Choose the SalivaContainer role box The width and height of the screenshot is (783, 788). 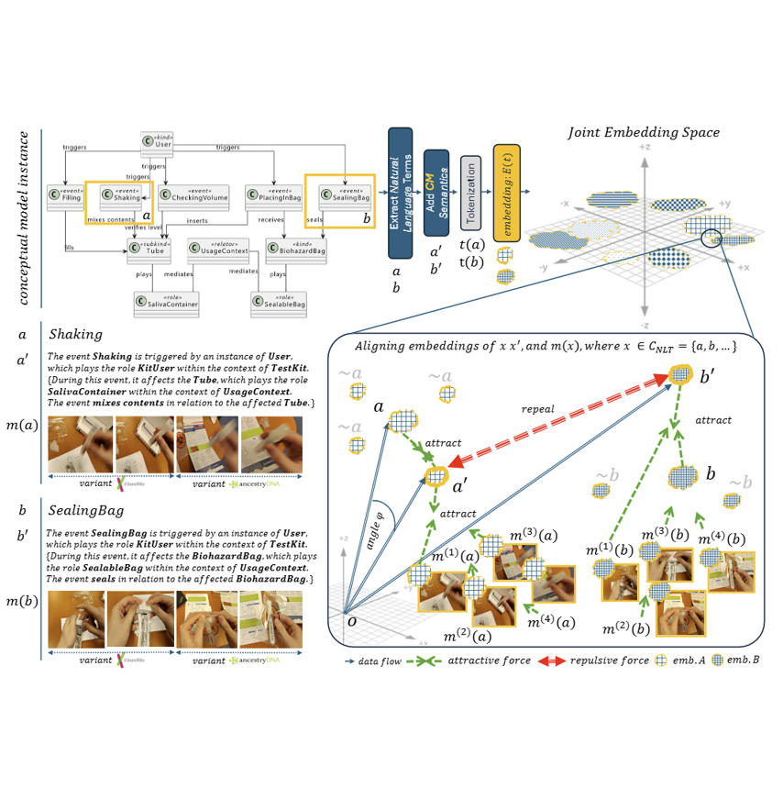click(x=166, y=302)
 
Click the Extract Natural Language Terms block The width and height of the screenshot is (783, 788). click(x=398, y=194)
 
